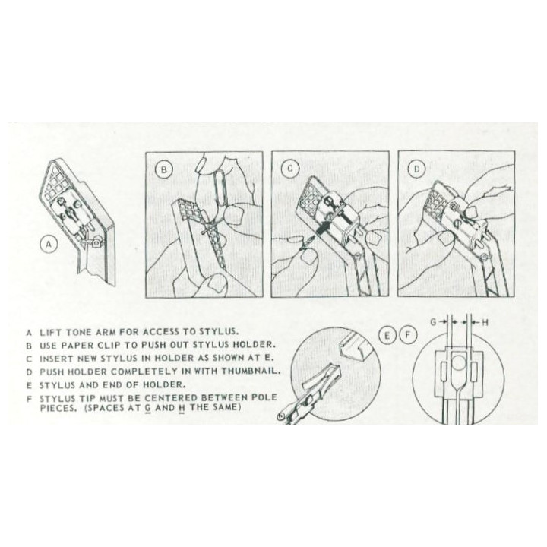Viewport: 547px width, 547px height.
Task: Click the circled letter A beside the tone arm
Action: point(49,245)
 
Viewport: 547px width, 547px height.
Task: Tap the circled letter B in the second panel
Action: point(163,170)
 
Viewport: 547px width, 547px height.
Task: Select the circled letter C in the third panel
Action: point(290,169)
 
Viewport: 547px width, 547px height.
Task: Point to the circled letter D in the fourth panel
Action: point(417,169)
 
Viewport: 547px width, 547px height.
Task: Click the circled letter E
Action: point(387,336)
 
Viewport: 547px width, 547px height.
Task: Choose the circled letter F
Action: point(408,336)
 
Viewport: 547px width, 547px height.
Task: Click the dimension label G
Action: point(433,322)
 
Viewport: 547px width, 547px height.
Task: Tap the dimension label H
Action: point(485,323)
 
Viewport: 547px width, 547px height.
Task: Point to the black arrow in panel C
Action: point(325,226)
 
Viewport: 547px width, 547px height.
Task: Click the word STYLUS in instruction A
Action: point(218,331)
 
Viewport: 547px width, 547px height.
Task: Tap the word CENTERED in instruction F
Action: point(171,397)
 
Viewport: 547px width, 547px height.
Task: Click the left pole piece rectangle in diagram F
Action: point(444,372)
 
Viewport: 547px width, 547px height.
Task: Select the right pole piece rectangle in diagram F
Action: point(474,372)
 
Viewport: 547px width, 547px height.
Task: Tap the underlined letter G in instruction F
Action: point(148,407)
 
